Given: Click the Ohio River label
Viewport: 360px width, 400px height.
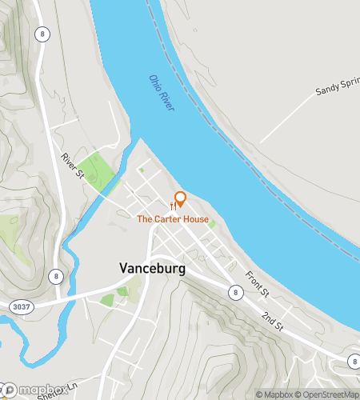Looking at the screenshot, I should (x=162, y=94).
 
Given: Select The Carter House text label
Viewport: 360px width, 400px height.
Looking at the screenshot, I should (x=173, y=219).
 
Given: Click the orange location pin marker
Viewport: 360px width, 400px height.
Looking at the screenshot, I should (x=181, y=198).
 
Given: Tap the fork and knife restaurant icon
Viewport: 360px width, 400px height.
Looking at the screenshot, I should (x=173, y=206).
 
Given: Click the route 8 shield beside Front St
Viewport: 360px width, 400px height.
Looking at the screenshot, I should (x=235, y=293).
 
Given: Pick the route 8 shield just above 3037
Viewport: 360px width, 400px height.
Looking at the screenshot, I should (x=55, y=276).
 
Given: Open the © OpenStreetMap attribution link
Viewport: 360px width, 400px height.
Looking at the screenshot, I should (x=329, y=394).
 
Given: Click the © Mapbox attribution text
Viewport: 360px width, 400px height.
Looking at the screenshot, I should (x=274, y=394).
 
